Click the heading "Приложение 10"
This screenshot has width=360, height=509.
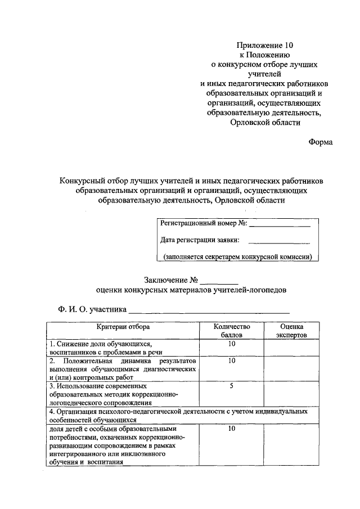tap(265, 44)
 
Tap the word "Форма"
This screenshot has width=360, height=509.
tap(320, 142)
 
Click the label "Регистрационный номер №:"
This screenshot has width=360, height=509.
tap(204, 223)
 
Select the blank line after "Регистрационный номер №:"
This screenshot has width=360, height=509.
tap(280, 225)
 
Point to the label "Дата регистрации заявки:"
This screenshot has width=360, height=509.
tap(200, 240)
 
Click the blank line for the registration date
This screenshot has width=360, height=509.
tap(279, 242)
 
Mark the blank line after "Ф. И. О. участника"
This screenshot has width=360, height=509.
tap(209, 311)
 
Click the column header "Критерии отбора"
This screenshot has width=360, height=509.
tap(123, 326)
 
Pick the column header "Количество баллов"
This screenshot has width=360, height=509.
tap(231, 331)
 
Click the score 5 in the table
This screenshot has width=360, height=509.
tap(231, 386)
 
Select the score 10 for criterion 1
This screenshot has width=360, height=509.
tap(231, 343)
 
